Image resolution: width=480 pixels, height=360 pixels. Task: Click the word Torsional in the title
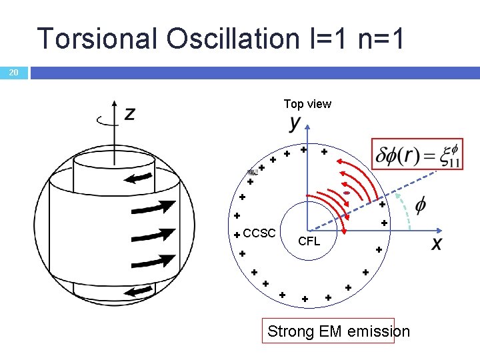[x=97, y=38]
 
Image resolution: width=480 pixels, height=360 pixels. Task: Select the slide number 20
[x=13, y=73]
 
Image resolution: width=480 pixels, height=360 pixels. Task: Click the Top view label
[x=307, y=104]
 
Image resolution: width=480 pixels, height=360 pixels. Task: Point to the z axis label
[x=129, y=114]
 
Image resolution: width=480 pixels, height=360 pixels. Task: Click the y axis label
[x=295, y=125]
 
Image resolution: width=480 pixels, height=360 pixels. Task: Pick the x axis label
[x=437, y=244]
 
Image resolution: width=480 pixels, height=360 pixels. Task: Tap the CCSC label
[x=259, y=233]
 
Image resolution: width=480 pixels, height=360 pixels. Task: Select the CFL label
[x=309, y=241]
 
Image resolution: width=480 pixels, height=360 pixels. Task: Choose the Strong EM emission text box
[x=331, y=331]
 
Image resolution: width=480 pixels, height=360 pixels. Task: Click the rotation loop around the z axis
[x=104, y=121]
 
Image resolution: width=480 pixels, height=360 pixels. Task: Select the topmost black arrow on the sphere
[x=140, y=177]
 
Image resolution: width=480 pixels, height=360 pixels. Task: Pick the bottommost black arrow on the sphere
[x=139, y=291]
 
